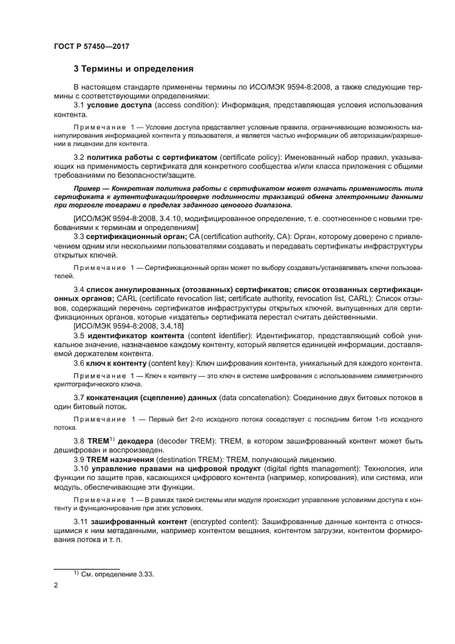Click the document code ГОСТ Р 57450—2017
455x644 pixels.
[92, 46]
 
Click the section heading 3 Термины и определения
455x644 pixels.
[133, 69]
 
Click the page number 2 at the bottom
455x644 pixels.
[56, 585]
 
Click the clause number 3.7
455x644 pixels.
[78, 399]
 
